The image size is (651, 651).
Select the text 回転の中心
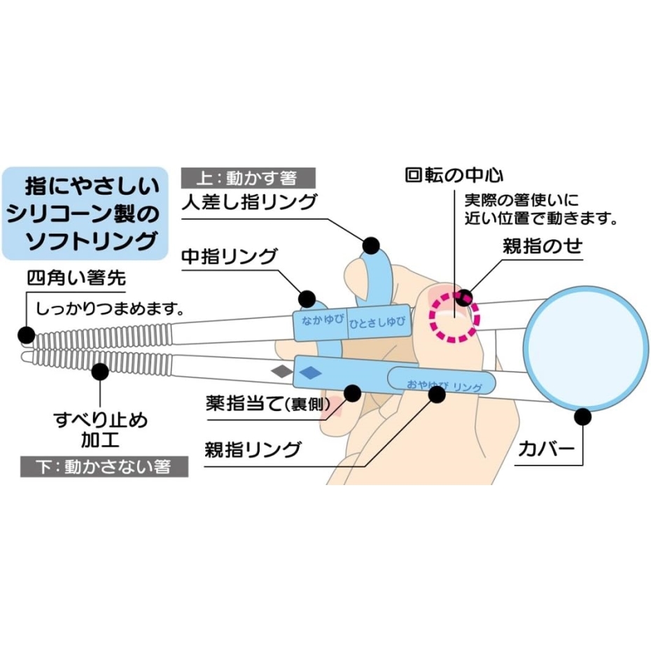click(x=454, y=174)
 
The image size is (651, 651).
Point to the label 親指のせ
click(x=542, y=247)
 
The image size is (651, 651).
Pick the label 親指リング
click(x=253, y=449)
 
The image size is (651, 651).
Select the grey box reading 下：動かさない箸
click(x=106, y=466)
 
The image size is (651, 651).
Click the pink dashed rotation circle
click(x=454, y=317)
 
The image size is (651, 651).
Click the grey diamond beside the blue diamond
click(x=281, y=370)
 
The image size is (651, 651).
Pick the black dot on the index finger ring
click(x=371, y=246)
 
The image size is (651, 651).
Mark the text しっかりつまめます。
click(x=110, y=307)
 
